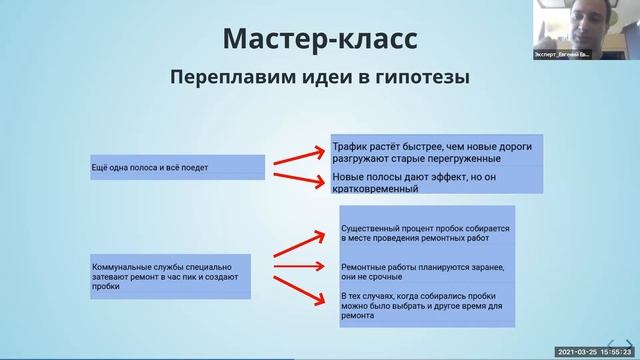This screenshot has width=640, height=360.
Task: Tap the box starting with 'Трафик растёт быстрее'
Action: click(437, 150)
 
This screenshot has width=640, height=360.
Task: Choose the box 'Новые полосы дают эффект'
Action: click(437, 181)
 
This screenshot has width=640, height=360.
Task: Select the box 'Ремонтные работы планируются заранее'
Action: click(427, 272)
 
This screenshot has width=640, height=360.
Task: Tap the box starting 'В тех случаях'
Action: click(427, 308)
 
